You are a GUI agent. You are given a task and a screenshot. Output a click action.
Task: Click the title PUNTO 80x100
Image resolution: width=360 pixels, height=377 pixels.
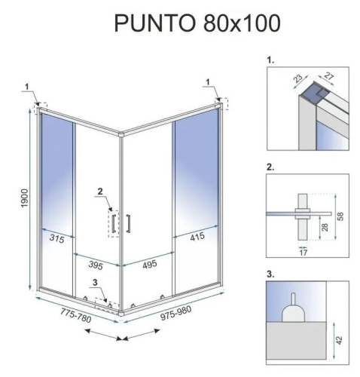point(197,23)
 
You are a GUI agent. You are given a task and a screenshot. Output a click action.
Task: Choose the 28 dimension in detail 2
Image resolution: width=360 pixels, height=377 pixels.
point(324,227)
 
